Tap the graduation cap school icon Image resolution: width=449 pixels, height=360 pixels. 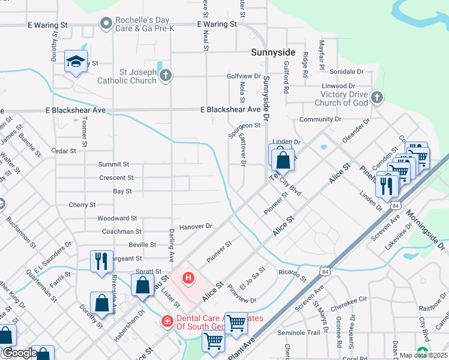[76, 61]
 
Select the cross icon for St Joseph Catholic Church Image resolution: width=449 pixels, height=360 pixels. [166, 75]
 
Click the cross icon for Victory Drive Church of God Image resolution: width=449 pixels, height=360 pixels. [376, 97]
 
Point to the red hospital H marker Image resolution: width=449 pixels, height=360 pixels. [188, 277]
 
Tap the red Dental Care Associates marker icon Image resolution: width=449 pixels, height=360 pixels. [166, 321]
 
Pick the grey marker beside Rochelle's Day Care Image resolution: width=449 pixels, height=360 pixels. [106, 23]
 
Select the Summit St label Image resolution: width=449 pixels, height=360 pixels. [114, 164]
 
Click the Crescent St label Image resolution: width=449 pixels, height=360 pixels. [116, 178]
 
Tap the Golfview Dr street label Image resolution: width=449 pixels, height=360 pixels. [244, 76]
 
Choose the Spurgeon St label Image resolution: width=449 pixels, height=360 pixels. [244, 125]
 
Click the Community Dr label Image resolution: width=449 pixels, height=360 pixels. [316, 119]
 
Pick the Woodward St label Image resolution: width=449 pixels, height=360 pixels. [117, 218]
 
